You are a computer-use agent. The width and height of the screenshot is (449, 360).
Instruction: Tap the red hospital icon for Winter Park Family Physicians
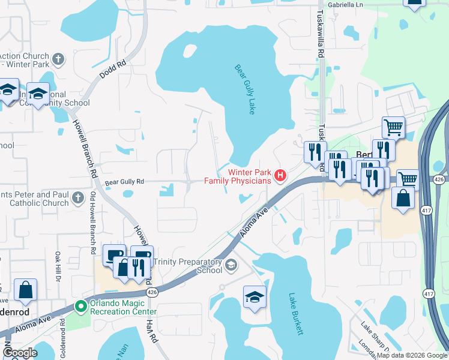(279, 176)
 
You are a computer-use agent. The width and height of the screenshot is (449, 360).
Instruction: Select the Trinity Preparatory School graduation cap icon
(231, 265)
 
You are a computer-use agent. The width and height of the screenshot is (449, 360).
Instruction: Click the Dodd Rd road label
(113, 70)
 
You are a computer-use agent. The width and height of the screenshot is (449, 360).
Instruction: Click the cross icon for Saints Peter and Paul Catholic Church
(77, 197)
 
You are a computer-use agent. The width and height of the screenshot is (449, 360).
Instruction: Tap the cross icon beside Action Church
(58, 59)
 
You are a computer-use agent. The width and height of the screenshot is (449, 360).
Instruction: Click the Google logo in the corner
(20, 353)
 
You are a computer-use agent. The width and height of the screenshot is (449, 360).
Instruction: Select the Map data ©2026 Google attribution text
(412, 355)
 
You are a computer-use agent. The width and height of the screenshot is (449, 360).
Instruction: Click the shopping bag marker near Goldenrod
(26, 290)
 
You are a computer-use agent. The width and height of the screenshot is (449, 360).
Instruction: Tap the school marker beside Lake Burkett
(255, 297)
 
